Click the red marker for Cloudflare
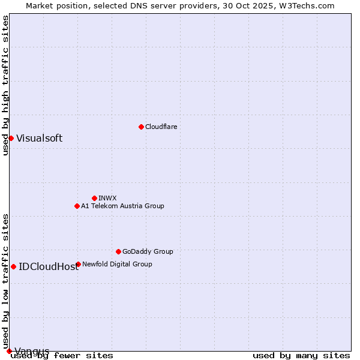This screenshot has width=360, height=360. pyautogui.click(x=141, y=127)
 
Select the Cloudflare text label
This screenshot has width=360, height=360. pyautogui.click(x=161, y=127)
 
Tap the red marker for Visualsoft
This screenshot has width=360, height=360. pyautogui.click(x=11, y=138)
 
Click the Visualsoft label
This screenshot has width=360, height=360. pyautogui.click(x=39, y=138)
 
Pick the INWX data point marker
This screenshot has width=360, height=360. pyautogui.click(x=94, y=198)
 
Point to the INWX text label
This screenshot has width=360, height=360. pyautogui.click(x=107, y=198)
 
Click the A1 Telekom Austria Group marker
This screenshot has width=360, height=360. pyautogui.click(x=77, y=206)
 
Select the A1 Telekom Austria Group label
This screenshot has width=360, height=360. pyautogui.click(x=122, y=206)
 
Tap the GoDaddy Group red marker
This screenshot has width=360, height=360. pyautogui.click(x=118, y=251)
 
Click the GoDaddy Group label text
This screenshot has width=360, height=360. pyautogui.click(x=148, y=251)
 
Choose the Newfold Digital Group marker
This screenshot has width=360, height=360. pyautogui.click(x=78, y=264)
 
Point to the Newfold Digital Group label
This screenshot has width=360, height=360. pyautogui.click(x=117, y=264)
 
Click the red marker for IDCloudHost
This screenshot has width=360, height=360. pyautogui.click(x=13, y=266)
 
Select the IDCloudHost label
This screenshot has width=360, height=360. pyautogui.click(x=49, y=266)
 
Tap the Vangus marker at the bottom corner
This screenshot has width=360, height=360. pyautogui.click(x=8, y=351)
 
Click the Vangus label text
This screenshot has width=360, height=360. pyautogui.click(x=32, y=351)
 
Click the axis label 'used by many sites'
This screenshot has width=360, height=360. pyautogui.click(x=301, y=356)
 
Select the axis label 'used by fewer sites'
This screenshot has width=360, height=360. pyautogui.click(x=62, y=356)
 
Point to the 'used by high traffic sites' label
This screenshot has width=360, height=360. pyautogui.click(x=5, y=85)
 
